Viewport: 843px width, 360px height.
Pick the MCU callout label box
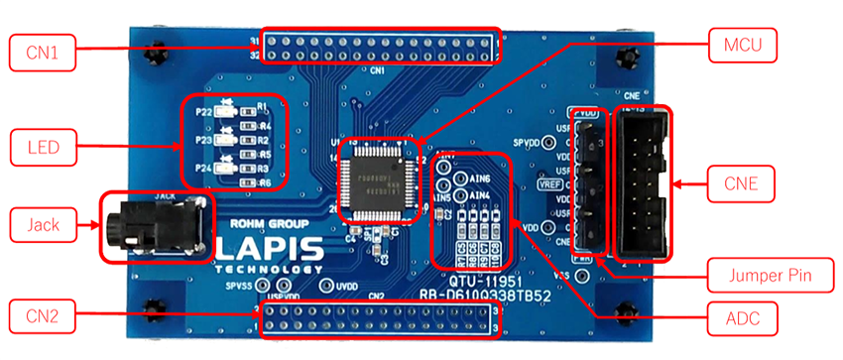pyautogui.click(x=743, y=45)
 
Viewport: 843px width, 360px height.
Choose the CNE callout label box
pyautogui.click(x=743, y=182)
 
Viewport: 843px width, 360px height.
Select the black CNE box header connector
pyautogui.click(x=644, y=182)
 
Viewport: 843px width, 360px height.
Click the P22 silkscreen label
pyautogui.click(x=203, y=112)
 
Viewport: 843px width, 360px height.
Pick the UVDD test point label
pyautogui.click(x=345, y=286)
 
